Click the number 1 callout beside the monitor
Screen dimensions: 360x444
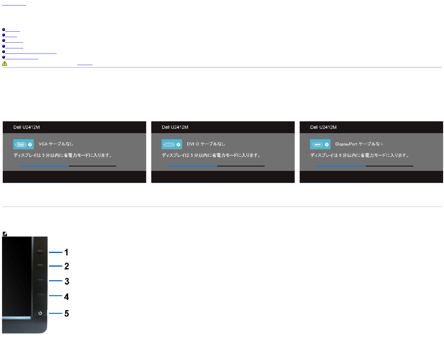pos(66,252)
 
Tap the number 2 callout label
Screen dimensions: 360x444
pos(67,266)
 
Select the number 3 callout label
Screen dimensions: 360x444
pos(67,281)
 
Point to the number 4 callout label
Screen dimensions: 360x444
pos(67,297)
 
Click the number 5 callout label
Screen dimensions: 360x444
pos(67,313)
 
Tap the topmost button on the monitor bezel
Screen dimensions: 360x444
pos(41,252)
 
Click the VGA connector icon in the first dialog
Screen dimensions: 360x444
pos(21,144)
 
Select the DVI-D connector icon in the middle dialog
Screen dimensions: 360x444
pos(169,144)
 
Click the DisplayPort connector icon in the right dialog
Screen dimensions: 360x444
pos(317,144)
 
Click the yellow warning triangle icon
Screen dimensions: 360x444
pos(5,64)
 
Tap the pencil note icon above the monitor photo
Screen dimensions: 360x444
pos(5,234)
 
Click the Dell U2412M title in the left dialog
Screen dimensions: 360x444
pos(26,127)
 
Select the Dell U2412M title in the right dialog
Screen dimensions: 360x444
pos(323,127)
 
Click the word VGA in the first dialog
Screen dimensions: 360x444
pos(43,144)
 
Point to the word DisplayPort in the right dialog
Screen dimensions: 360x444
pos(346,144)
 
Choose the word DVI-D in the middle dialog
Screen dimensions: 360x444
pos(193,144)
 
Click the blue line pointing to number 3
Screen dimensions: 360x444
pos(56,281)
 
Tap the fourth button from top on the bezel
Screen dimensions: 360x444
pos(41,296)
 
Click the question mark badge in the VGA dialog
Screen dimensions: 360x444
pos(30,145)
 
